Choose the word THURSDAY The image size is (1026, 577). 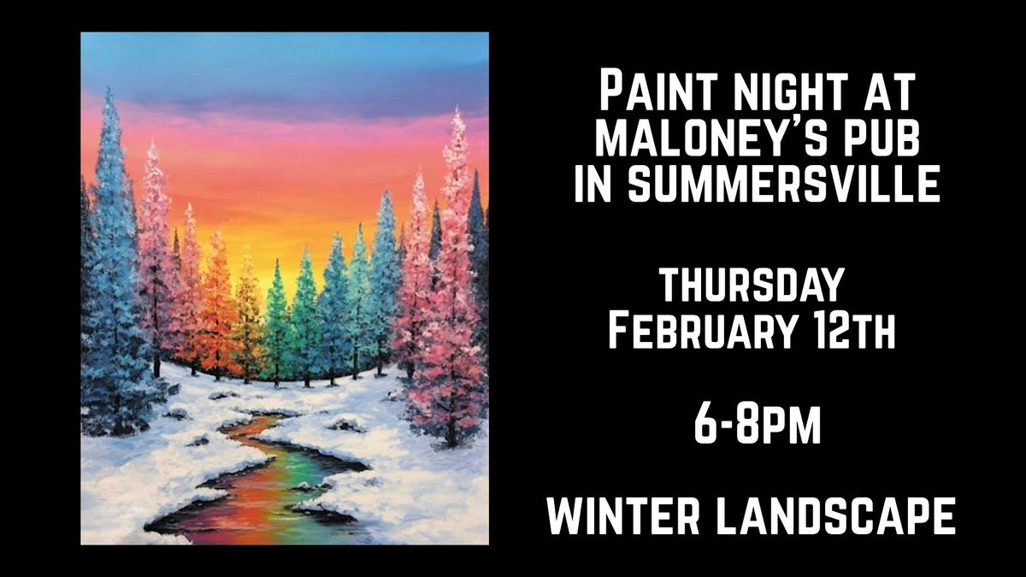click(x=752, y=285)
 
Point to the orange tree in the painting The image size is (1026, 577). click(x=219, y=308)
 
